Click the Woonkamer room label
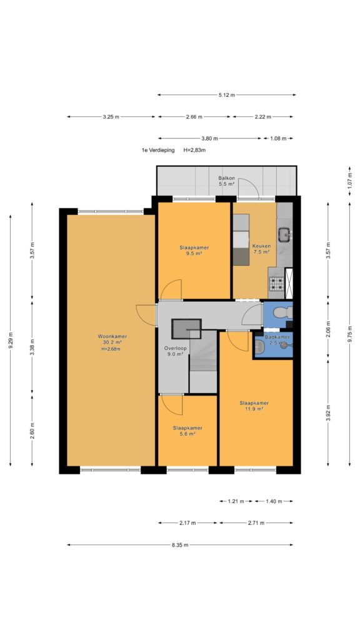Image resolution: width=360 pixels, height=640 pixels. click(112, 336)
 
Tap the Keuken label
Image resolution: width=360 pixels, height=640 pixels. click(261, 246)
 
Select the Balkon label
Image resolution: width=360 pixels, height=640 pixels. click(226, 178)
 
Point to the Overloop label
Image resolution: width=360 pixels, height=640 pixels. click(176, 348)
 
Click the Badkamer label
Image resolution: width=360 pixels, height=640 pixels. click(277, 337)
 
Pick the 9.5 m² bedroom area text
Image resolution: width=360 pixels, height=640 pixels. click(194, 253)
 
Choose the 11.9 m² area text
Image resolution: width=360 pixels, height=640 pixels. click(254, 409)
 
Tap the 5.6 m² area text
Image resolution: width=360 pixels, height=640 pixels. click(187, 434)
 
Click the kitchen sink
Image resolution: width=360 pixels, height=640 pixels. click(284, 234)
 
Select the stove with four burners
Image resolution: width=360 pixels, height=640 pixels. click(277, 282)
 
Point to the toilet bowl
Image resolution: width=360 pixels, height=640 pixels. click(282, 313)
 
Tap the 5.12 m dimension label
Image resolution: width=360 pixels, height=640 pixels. click(226, 95)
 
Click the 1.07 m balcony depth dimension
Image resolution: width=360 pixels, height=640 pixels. click(350, 181)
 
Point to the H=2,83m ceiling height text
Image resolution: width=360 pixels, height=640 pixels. click(194, 150)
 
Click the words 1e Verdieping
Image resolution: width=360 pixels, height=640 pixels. click(158, 150)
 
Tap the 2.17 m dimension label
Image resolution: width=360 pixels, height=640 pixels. click(187, 523)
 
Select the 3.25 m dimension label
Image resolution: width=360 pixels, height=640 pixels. click(111, 117)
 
